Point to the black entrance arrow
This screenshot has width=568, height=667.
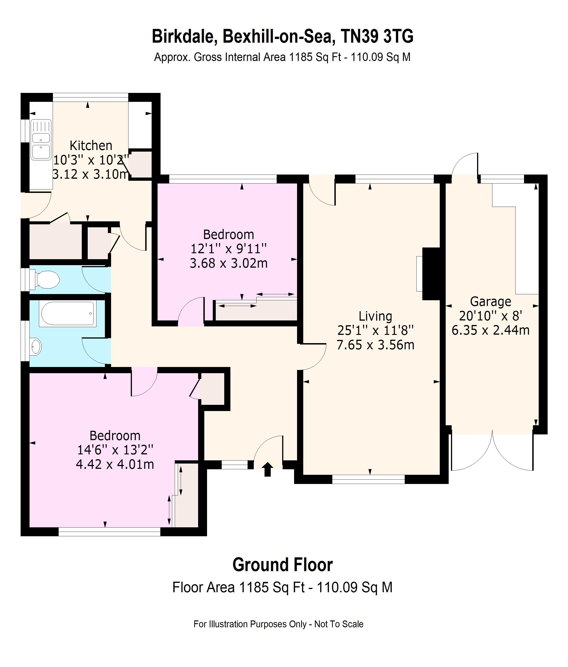tap(268, 469)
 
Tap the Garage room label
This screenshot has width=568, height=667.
tap(490, 302)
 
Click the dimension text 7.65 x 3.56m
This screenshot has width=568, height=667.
tap(375, 345)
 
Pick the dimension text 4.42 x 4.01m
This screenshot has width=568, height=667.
tap(115, 464)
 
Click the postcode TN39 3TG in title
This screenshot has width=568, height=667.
tap(377, 36)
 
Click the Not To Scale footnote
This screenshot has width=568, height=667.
tap(339, 624)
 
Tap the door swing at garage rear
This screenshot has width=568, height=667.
tap(465, 164)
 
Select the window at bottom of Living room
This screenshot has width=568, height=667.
tap(368, 479)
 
